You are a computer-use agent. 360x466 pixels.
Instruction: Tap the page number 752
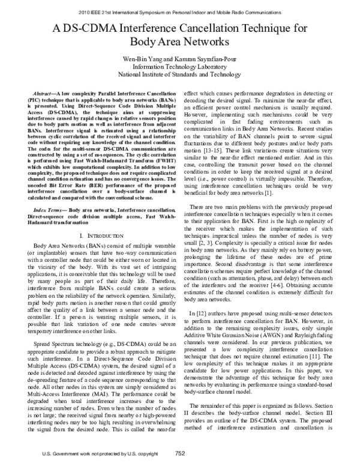(179, 453)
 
